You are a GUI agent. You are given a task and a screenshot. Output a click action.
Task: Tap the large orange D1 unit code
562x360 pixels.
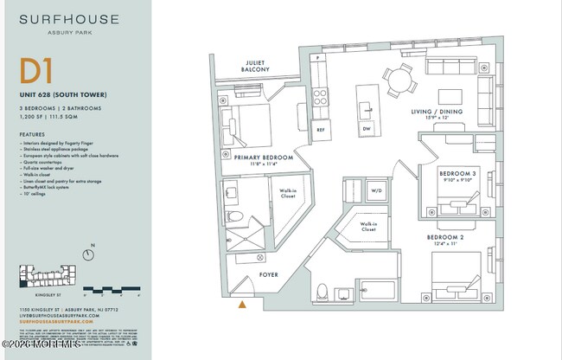[x=35, y=71]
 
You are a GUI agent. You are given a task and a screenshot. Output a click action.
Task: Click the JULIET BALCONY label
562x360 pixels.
[x=255, y=67]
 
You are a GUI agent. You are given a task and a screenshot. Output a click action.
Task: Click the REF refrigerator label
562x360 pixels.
[x=321, y=130]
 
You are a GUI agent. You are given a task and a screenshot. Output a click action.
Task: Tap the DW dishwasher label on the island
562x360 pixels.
[x=367, y=130]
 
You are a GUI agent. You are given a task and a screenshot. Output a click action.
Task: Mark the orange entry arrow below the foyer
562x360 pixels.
[x=243, y=304]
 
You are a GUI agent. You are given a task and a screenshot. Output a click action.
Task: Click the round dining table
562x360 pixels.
[x=399, y=81]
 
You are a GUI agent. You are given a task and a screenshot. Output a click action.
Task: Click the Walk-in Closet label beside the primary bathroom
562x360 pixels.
[x=288, y=193]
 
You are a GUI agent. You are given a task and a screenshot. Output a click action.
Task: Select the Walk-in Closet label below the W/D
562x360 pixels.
[x=368, y=228]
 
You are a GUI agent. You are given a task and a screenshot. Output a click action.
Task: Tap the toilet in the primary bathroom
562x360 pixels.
[x=233, y=216]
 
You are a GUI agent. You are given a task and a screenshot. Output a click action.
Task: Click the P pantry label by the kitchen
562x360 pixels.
[x=318, y=57]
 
